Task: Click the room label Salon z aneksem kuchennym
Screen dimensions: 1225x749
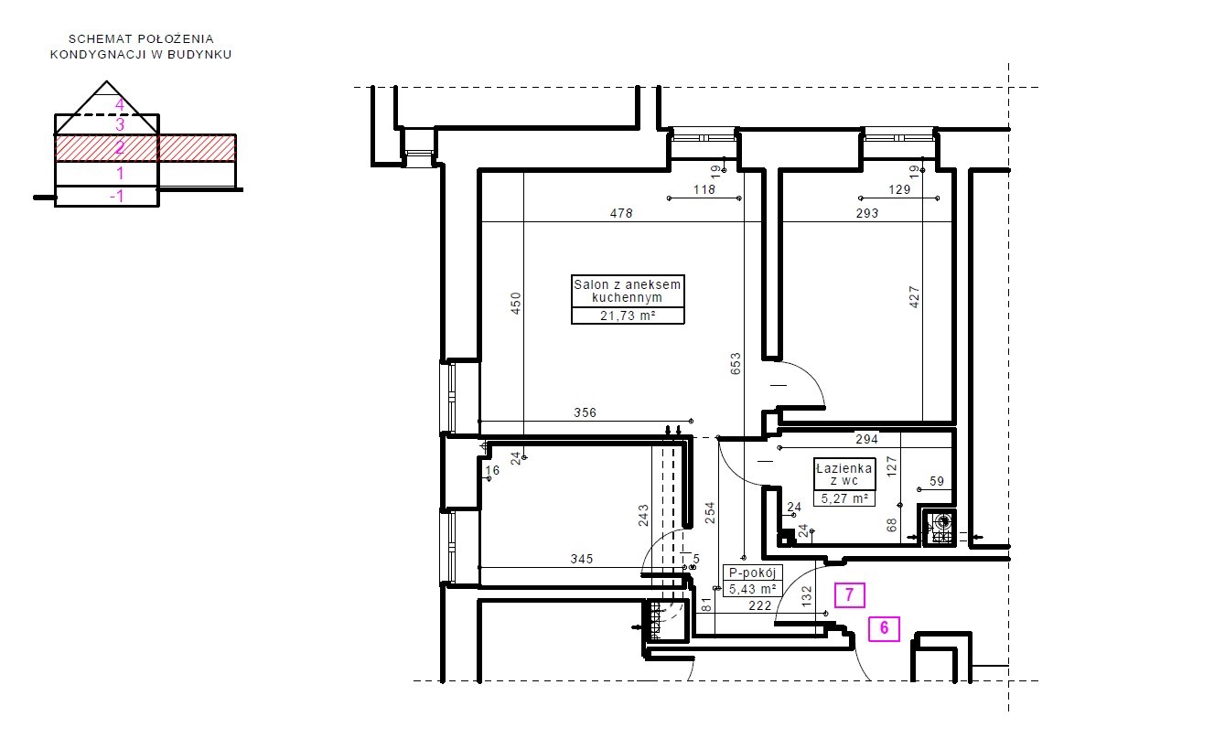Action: (x=628, y=291)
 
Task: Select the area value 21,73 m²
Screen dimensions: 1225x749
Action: (x=628, y=316)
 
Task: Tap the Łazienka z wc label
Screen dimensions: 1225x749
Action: (x=844, y=475)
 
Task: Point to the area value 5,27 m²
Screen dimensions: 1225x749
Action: (x=844, y=498)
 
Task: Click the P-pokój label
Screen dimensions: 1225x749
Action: (x=753, y=573)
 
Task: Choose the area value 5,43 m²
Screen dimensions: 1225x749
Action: (x=753, y=589)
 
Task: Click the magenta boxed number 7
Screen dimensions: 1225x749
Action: (x=849, y=594)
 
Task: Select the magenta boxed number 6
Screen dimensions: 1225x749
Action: (x=885, y=628)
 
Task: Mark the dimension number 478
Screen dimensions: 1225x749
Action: (x=621, y=213)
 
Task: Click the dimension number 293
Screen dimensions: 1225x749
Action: (x=867, y=213)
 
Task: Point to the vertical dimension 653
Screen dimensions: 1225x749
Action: (x=736, y=364)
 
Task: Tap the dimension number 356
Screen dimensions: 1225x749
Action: (x=586, y=412)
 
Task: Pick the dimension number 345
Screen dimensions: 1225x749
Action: (x=582, y=559)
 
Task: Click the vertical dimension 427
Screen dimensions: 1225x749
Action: (x=914, y=297)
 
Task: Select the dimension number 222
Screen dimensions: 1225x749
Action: (x=760, y=605)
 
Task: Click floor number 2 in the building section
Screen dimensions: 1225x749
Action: (x=120, y=147)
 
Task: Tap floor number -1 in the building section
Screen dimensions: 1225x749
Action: (x=116, y=196)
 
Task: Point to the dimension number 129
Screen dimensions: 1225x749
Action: (x=899, y=189)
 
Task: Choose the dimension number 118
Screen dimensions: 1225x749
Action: (x=704, y=189)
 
